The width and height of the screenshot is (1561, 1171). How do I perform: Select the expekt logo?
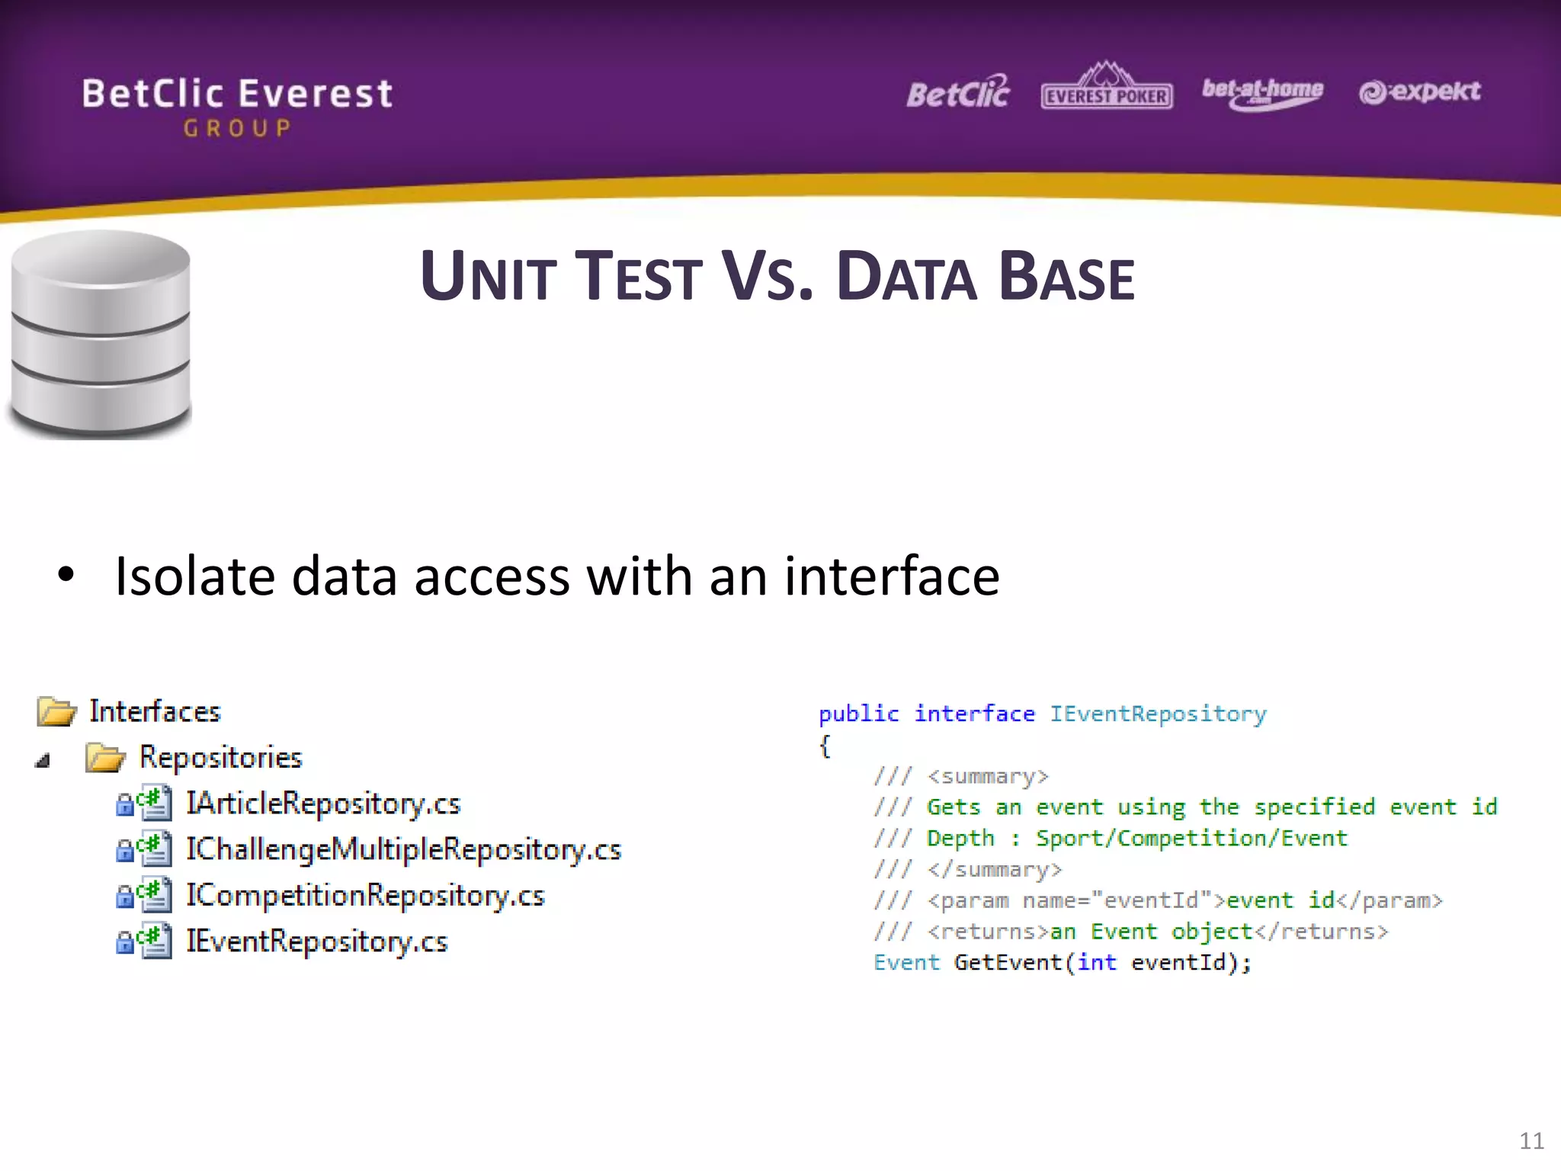(x=1419, y=91)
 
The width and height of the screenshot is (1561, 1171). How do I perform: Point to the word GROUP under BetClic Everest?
(x=237, y=128)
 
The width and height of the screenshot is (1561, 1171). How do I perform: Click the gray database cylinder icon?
(x=101, y=335)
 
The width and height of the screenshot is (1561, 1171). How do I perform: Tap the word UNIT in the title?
(x=488, y=278)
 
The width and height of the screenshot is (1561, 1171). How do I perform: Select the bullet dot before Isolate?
(x=66, y=576)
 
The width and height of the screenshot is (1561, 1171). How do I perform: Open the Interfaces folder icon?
(x=56, y=711)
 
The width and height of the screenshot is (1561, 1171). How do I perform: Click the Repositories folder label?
(x=220, y=758)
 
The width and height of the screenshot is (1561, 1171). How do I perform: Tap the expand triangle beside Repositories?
(x=43, y=760)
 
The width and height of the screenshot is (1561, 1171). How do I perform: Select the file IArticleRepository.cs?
(x=323, y=804)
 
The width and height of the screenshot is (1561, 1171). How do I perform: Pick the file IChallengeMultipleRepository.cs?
(x=403, y=849)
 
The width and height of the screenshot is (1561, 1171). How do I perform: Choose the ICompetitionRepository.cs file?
(x=365, y=895)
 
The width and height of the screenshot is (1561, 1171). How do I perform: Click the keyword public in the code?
(x=858, y=714)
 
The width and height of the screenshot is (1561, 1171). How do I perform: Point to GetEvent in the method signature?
(x=1007, y=962)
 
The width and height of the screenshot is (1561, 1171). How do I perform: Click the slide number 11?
(x=1531, y=1141)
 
